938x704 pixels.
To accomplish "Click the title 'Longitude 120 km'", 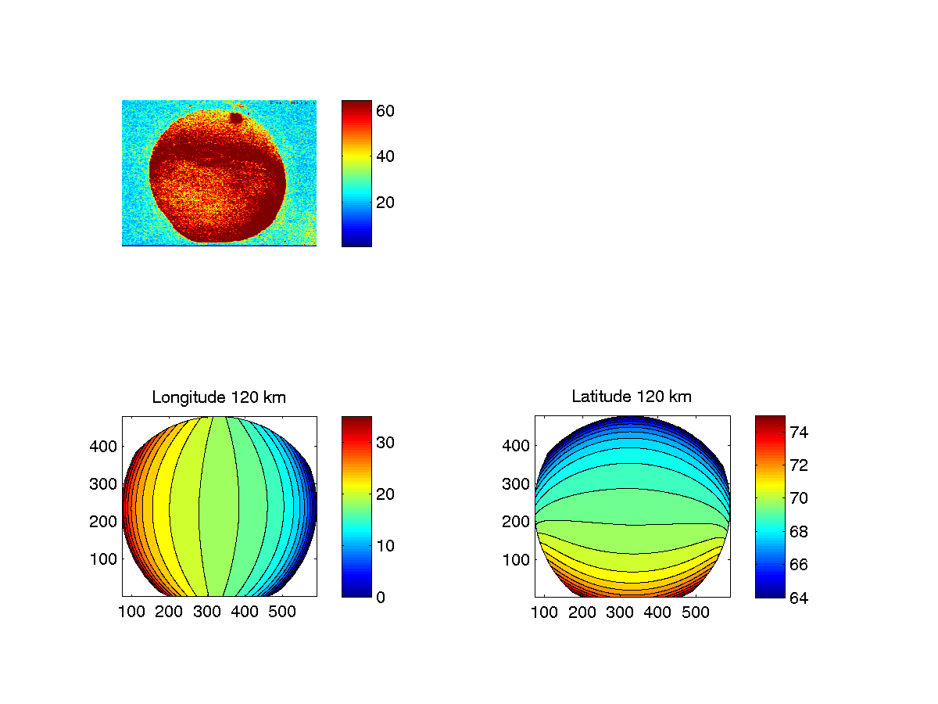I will point(219,397).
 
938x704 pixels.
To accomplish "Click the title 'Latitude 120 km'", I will point(632,397).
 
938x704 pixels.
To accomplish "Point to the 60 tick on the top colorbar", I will point(385,111).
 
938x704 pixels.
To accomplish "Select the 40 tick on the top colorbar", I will point(385,156).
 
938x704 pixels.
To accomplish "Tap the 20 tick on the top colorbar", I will point(385,202).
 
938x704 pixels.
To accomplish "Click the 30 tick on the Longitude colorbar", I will point(385,443).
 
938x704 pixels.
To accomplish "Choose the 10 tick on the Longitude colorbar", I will point(385,545).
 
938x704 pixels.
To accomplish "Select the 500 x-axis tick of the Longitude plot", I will point(282,612).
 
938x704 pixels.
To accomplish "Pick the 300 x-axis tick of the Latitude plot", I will point(620,612).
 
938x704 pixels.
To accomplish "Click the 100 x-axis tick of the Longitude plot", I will point(131,612).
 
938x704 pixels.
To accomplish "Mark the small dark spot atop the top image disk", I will point(235,118).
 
